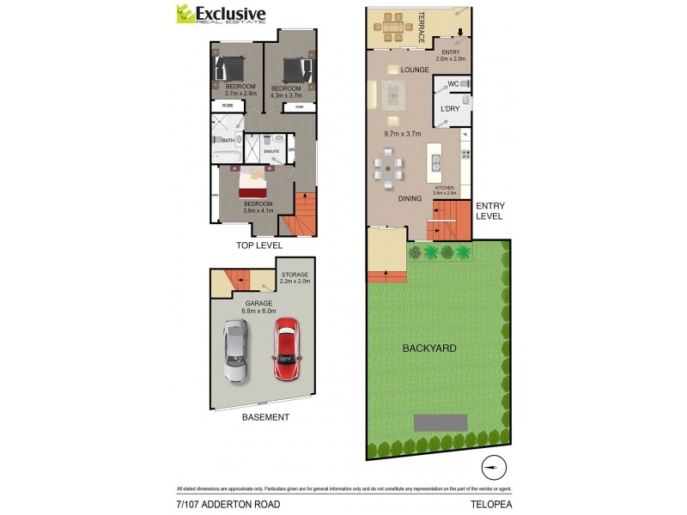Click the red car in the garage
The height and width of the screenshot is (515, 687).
(x=285, y=351)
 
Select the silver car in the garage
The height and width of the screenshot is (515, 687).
(x=235, y=351)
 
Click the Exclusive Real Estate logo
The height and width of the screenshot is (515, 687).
(x=221, y=15)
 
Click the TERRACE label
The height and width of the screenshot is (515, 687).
(x=422, y=27)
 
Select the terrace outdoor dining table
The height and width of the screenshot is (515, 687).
(x=392, y=27)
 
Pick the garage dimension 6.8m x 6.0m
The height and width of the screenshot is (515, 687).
(x=258, y=312)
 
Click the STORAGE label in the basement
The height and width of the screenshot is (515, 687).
(x=295, y=276)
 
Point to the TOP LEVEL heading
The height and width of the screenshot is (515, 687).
(x=259, y=246)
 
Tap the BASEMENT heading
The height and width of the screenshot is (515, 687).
(x=264, y=417)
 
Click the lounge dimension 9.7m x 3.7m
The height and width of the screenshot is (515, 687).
(x=402, y=134)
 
